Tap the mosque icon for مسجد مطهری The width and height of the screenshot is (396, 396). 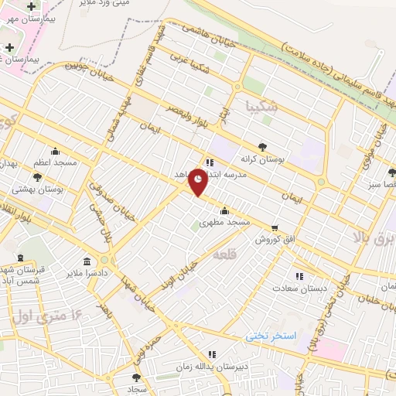tap(224, 210)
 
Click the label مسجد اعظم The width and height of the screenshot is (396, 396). tap(55, 163)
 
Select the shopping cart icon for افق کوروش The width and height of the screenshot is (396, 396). tap(275, 227)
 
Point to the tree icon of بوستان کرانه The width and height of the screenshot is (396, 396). tap(264, 145)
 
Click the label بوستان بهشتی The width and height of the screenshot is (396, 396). tap(38, 188)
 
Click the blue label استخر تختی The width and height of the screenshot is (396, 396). tap(270, 336)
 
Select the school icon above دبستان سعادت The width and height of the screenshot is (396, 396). tap(299, 275)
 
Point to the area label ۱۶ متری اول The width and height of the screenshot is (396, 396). tap(48, 315)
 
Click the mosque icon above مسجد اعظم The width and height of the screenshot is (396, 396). tap(54, 151)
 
